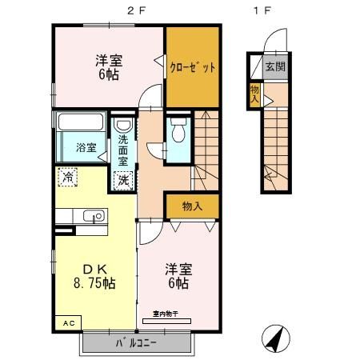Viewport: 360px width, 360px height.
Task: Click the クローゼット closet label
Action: tap(193, 67)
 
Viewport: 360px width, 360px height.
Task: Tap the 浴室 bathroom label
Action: tap(86, 147)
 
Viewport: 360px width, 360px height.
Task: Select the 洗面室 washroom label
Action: tap(123, 150)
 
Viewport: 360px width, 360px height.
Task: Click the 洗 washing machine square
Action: tap(124, 180)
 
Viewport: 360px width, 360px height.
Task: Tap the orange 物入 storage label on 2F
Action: tap(192, 206)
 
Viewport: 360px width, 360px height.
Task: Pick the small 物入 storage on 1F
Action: tap(255, 93)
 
